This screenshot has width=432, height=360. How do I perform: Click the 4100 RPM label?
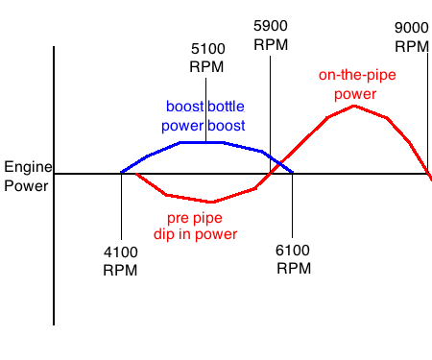click(x=120, y=260)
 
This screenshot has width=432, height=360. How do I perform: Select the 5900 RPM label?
click(x=271, y=36)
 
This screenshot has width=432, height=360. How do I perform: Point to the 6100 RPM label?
click(x=294, y=260)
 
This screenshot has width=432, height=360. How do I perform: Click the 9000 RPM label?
click(x=412, y=36)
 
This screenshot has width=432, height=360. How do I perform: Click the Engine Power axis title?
click(x=26, y=175)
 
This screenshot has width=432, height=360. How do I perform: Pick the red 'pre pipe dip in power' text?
click(x=195, y=225)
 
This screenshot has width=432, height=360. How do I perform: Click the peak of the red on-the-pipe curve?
click(x=354, y=105)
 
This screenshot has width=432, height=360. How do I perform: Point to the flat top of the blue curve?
click(x=202, y=142)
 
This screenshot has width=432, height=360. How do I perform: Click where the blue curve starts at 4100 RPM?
click(x=121, y=173)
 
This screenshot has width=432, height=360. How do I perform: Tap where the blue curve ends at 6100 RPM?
click(x=293, y=173)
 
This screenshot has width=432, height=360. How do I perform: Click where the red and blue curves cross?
click(x=274, y=161)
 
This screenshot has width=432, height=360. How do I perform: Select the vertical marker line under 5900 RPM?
click(x=271, y=96)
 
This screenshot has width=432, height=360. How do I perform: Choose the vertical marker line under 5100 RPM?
click(x=205, y=110)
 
